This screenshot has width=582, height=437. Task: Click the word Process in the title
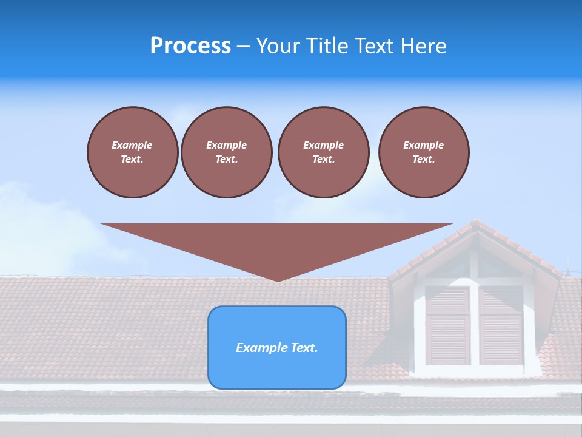click(190, 46)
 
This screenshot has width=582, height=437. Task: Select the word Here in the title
click(422, 46)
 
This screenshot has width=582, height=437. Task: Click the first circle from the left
click(132, 152)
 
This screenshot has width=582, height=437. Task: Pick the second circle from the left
click(226, 152)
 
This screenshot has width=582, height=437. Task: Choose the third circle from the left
click(323, 152)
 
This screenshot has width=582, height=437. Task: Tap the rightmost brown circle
click(424, 152)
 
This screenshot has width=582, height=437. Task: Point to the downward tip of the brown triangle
click(278, 280)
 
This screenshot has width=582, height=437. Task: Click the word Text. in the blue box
click(304, 348)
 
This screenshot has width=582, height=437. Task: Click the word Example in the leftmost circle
click(132, 145)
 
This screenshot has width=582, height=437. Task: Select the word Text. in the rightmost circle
click(424, 159)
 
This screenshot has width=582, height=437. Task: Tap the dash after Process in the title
click(244, 46)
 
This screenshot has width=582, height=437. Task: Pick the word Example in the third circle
click(323, 145)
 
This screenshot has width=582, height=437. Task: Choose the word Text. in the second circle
click(226, 159)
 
